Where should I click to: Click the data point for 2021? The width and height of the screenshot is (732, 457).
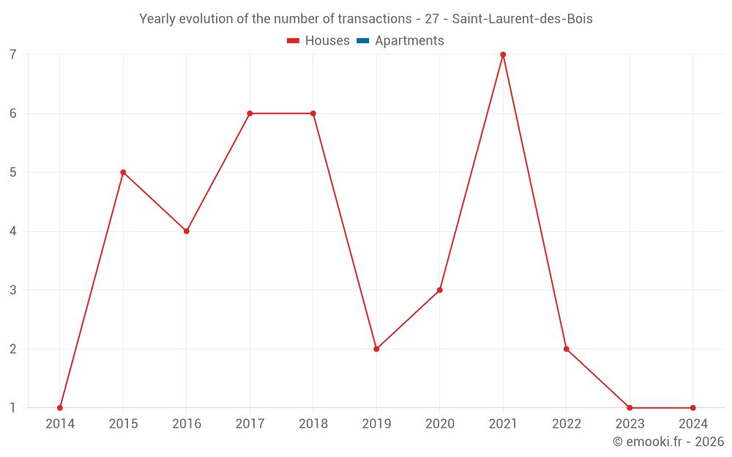point(503,55)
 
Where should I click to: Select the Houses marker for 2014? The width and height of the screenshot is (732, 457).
point(60,408)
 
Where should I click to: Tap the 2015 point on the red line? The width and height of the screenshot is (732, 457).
point(123,173)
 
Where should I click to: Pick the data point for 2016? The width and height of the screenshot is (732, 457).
point(187,231)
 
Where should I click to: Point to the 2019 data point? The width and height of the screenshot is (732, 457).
point(376,349)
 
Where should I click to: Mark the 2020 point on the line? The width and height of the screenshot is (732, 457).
point(440,290)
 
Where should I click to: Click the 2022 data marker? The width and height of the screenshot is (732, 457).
point(567,349)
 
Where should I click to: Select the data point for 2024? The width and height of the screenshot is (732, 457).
point(693,408)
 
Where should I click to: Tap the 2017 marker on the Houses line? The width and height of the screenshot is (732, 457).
point(250,113)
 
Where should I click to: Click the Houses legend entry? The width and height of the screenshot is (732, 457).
point(318,41)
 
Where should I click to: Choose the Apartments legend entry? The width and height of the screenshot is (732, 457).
point(400,41)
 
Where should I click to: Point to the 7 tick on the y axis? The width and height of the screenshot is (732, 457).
point(13,55)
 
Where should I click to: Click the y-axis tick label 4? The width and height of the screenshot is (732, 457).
point(13,231)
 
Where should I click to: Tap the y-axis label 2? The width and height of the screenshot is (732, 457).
point(13,349)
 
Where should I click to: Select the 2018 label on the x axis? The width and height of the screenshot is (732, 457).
point(313,424)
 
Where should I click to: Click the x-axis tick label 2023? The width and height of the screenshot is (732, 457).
point(630,424)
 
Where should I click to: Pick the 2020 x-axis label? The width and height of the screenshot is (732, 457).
point(440,424)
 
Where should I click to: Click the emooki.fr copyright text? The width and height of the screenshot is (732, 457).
point(668,442)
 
